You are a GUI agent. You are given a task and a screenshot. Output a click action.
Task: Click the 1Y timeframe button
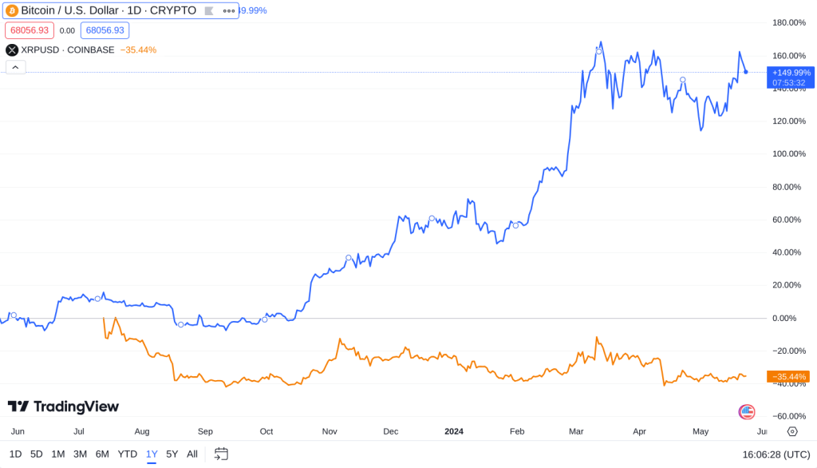coord(152,454)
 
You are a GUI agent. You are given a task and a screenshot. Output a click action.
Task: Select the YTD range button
coord(128,454)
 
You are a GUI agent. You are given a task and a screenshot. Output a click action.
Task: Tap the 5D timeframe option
coord(37,454)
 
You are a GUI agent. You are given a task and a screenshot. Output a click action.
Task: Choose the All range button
coord(192,454)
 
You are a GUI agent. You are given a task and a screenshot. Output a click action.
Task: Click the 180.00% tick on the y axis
coord(789,22)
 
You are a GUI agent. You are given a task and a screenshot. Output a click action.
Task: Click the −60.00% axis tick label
coord(789,416)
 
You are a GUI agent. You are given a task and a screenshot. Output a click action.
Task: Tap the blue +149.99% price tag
coord(789,77)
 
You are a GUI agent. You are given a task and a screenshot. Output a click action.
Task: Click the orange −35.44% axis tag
coord(788,376)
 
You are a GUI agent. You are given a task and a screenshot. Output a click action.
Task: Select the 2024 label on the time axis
coord(454,431)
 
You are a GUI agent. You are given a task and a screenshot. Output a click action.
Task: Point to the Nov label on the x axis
coord(329,431)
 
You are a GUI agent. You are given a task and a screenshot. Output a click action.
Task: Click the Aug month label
coord(142,431)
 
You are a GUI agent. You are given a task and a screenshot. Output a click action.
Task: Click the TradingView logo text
coord(64,407)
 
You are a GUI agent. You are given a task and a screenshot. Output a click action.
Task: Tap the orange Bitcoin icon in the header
coord(12,11)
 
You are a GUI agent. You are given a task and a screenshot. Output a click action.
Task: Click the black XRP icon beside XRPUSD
coord(12,50)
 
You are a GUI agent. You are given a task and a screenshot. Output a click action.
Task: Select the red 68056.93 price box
coord(30,30)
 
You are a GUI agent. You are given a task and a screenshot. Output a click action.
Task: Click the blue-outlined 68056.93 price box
coord(105,30)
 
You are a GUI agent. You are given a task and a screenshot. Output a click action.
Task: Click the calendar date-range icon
coord(221,454)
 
